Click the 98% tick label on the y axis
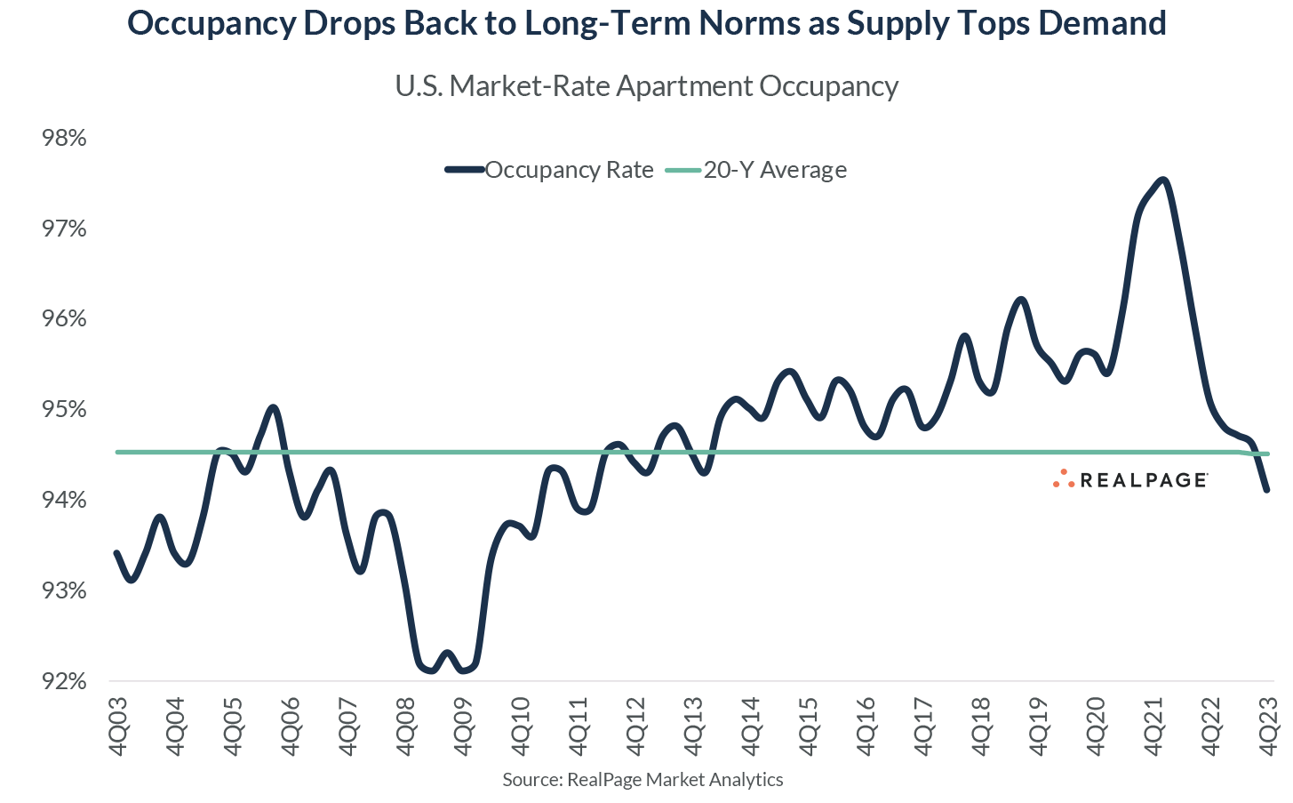tap(64, 139)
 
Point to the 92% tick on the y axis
tap(64, 682)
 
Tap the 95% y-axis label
tap(64, 410)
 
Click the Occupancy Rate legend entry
tap(569, 170)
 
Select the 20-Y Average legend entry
tap(775, 170)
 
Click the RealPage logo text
tap(1143, 481)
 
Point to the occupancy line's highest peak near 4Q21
tap(1163, 180)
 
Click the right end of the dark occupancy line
tap(1266, 490)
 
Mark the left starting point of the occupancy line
tap(117, 553)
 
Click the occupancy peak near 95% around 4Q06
tap(273, 407)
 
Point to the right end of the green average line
tap(1268, 454)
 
